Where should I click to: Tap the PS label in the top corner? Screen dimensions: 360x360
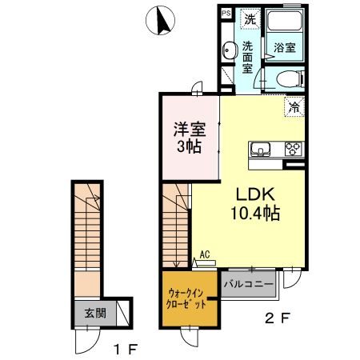pyautogui.click(x=226, y=14)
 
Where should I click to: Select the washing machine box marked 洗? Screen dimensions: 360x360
pyautogui.click(x=249, y=18)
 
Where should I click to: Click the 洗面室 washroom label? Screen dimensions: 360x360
pyautogui.click(x=248, y=57)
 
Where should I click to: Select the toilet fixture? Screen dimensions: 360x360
pyautogui.click(x=289, y=78)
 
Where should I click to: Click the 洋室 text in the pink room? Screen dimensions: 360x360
pyautogui.click(x=190, y=127)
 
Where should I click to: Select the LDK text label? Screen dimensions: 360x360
pyautogui.click(x=255, y=194)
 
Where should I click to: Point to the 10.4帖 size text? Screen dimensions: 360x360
pyautogui.click(x=255, y=214)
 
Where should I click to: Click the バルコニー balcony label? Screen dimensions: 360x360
pyautogui.click(x=249, y=284)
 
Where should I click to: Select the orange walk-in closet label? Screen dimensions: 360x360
pyautogui.click(x=190, y=298)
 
